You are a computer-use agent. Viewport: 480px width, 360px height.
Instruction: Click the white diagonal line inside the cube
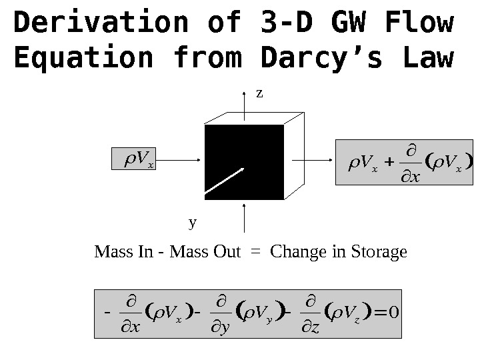[225, 181]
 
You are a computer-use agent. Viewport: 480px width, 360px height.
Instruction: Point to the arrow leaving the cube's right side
[313, 161]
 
